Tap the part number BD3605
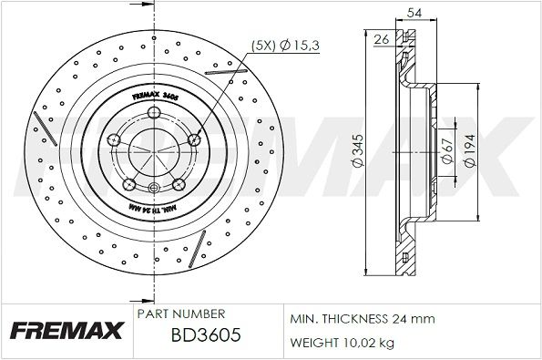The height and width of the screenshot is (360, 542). coord(206,336)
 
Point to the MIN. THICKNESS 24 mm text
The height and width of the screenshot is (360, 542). coord(363,320)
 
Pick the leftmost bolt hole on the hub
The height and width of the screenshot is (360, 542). coord(114,139)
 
